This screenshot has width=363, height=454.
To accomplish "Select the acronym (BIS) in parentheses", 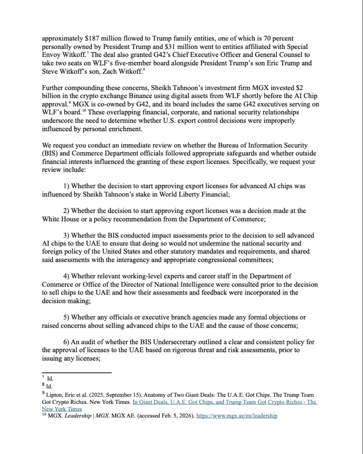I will (x=49, y=154).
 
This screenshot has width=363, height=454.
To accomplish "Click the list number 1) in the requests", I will (x=66, y=186).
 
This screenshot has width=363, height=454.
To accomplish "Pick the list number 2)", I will (x=66, y=211).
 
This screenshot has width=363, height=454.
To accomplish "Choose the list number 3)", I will (x=66, y=236).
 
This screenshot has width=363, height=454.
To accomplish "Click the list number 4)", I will (x=66, y=276).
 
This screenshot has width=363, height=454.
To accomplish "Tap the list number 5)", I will (x=66, y=317).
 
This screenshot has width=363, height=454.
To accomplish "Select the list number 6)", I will (x=66, y=342).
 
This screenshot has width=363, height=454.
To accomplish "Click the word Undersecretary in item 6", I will (x=174, y=342).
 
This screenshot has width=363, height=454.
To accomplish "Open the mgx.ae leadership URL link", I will (x=237, y=416).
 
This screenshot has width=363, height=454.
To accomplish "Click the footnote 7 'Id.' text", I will (x=50, y=379).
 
